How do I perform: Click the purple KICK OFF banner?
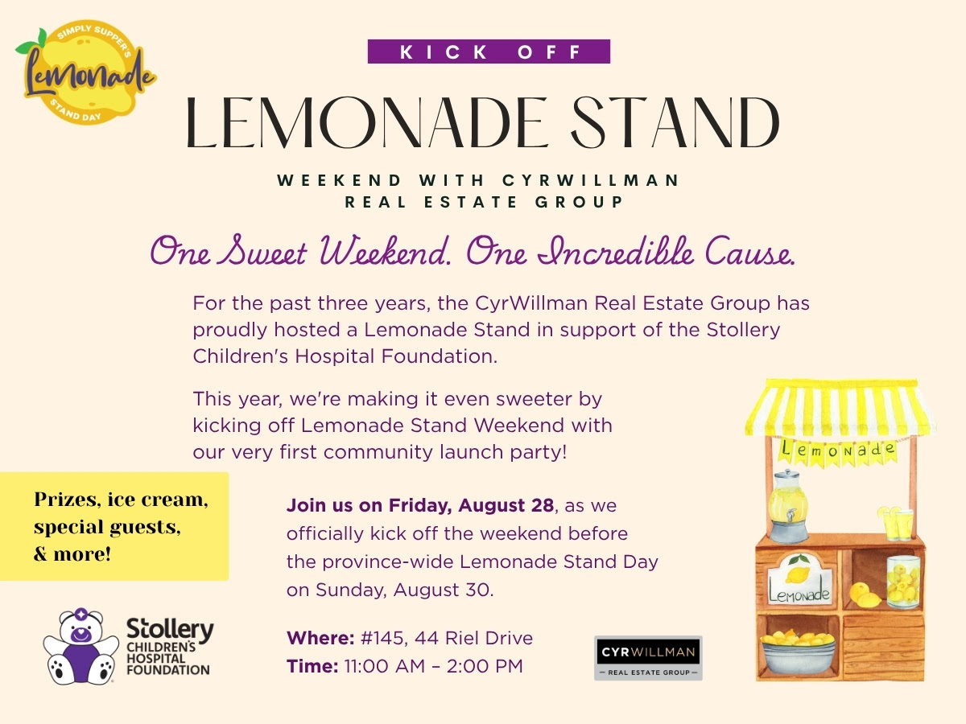point(489,51)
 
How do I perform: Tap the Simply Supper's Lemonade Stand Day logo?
point(86,72)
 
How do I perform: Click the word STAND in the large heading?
point(675,122)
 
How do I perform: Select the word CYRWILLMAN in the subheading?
point(591,180)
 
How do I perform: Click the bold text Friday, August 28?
point(471,505)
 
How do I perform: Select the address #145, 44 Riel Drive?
point(447,638)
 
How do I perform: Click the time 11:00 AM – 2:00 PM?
point(433,666)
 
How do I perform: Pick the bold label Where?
point(320,638)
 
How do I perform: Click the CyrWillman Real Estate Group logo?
point(648,658)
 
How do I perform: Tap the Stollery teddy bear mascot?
point(81,646)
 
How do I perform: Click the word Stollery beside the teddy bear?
point(171,629)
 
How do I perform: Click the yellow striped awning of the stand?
point(840,406)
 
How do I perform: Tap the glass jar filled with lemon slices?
point(903,582)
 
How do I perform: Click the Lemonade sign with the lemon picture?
point(800,579)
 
